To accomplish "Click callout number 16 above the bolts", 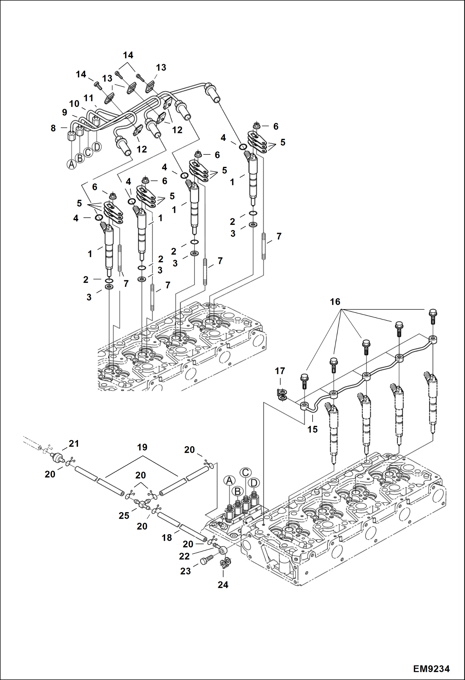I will pos(335,302).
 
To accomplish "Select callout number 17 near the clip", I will pos(280,371).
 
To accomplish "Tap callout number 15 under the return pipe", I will pos(313,429).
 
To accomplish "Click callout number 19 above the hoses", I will pos(142,447).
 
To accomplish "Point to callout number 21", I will pos(74,444).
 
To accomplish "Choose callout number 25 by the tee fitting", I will pos(124,516).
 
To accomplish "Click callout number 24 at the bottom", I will pos(223,585).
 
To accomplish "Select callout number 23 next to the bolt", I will pos(185,571).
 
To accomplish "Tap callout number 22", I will pos(184,556).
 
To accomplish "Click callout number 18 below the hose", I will pos(167,538).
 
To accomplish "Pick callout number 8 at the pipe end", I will pos(53,128).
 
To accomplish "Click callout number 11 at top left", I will pos(88,98).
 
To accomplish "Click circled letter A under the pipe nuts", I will pos(72,164).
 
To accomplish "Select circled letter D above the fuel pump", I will pos(254,483).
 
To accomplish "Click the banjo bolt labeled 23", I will pos(206,560).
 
